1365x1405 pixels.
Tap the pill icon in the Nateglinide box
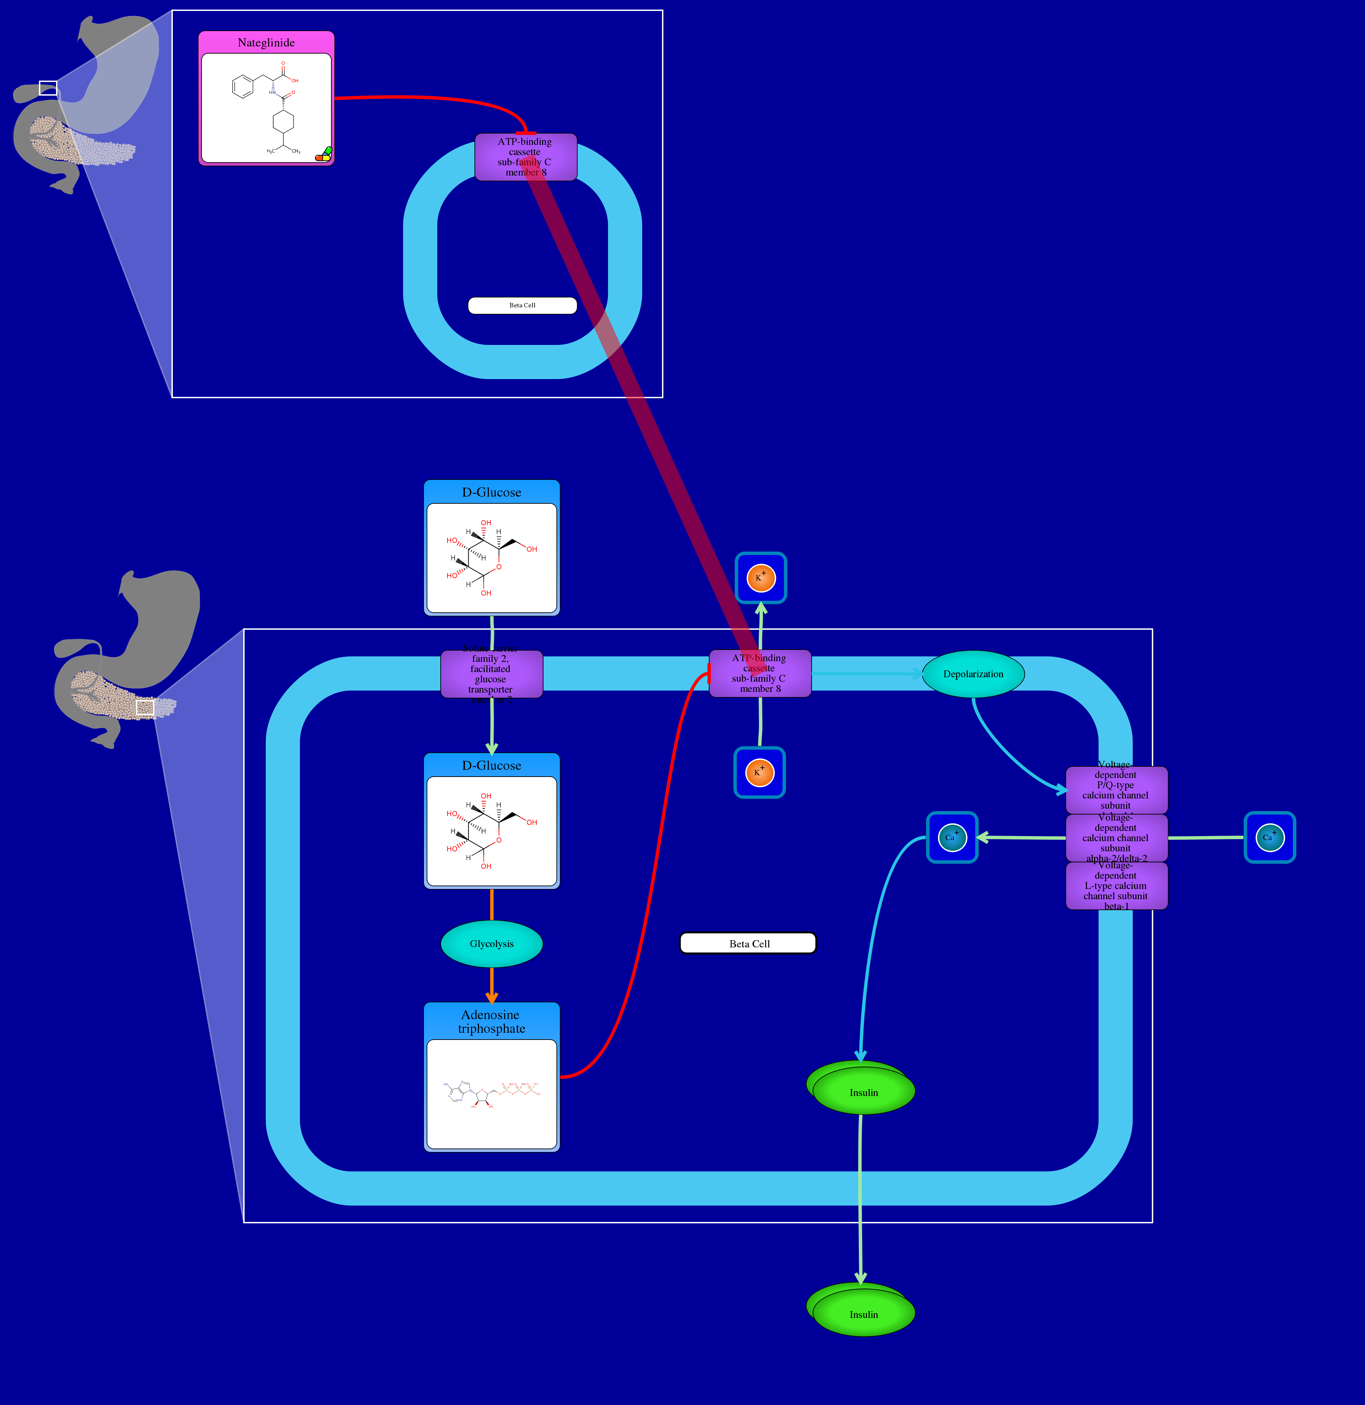coord(324,154)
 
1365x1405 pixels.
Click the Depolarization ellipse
coord(973,674)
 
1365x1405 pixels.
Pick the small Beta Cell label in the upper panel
coord(522,305)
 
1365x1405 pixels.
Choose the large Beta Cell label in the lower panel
coord(748,943)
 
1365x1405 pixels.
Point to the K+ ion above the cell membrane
coord(761,578)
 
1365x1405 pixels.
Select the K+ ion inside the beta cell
coord(759,773)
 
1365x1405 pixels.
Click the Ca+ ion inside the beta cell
coord(952,837)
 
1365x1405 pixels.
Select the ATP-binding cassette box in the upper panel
coord(525,157)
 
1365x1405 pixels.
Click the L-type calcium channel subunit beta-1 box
coord(1116,886)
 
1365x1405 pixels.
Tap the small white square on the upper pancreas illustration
coord(48,88)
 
